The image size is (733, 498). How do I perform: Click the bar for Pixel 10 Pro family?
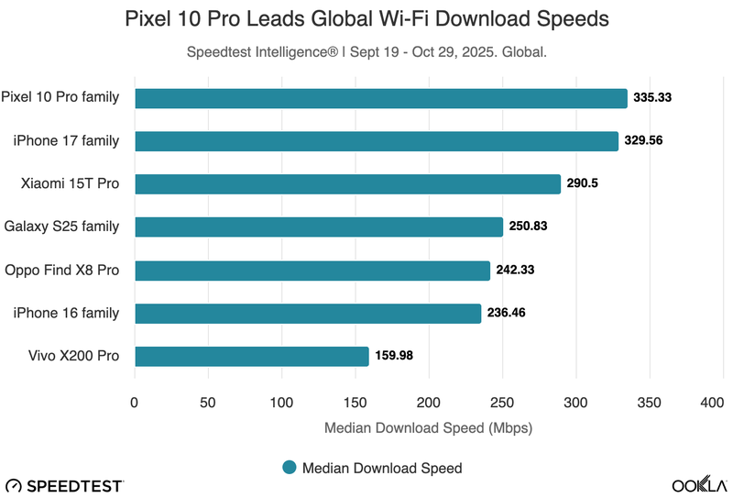click(380, 98)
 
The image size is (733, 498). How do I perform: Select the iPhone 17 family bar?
click(376, 141)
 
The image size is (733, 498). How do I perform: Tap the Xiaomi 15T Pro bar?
click(347, 184)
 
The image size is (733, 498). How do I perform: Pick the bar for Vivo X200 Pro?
click(251, 356)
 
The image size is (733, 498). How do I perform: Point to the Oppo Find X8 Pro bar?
click(312, 271)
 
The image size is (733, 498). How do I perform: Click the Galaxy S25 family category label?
click(61, 227)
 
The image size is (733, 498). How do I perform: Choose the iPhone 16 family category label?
click(66, 313)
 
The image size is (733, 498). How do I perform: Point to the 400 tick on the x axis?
click(710, 403)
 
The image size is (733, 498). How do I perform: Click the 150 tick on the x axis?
click(355, 403)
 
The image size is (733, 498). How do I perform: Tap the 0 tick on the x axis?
click(135, 403)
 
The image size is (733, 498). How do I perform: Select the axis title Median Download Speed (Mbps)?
click(428, 427)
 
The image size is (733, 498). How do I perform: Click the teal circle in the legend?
click(290, 468)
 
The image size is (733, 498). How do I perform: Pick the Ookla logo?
click(700, 484)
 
